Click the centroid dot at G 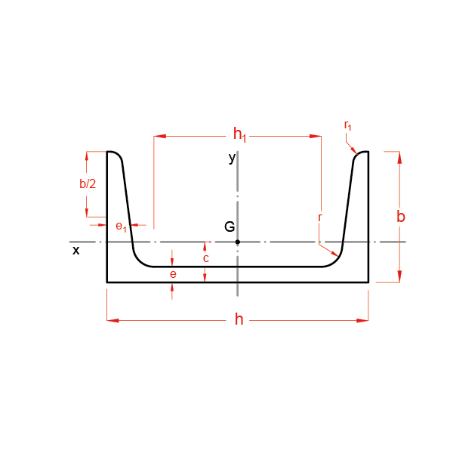tap(238, 242)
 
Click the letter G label tap(230, 227)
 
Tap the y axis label tap(233, 158)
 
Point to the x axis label tap(76, 251)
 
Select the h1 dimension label tap(239, 134)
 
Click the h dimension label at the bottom tap(239, 319)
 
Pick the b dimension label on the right tap(401, 217)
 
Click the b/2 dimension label tap(88, 183)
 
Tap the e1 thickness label tap(121, 227)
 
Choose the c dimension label tap(206, 258)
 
